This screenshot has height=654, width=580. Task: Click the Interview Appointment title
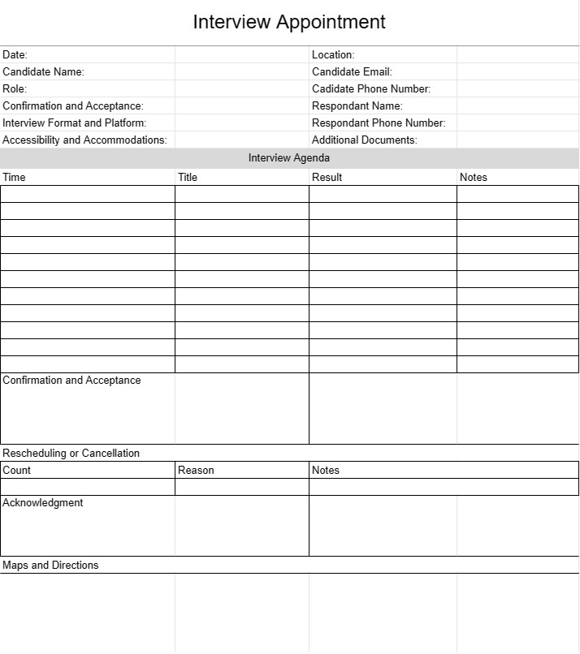click(289, 22)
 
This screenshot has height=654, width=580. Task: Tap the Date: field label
click(15, 54)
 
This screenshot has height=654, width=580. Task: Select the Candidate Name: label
click(43, 71)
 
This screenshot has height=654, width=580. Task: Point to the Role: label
click(15, 88)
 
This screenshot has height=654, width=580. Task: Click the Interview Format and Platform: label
click(74, 123)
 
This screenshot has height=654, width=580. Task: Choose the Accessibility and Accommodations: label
click(84, 140)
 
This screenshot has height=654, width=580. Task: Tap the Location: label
click(333, 54)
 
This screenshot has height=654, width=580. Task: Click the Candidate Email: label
click(352, 71)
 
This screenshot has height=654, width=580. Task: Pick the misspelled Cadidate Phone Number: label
click(371, 88)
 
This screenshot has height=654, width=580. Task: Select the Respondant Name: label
click(357, 105)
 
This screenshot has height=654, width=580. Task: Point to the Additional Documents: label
click(365, 140)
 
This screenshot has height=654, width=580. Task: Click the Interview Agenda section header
click(289, 157)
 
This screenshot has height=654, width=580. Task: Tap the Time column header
click(15, 177)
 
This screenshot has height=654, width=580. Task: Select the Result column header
click(327, 177)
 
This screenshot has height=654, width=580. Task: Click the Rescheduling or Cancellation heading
click(71, 453)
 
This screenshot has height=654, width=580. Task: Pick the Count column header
click(17, 470)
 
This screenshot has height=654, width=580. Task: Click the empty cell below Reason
click(241, 487)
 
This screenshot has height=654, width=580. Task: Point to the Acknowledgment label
click(43, 503)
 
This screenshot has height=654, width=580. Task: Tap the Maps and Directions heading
click(50, 565)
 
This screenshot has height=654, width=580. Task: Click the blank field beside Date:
click(241, 54)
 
